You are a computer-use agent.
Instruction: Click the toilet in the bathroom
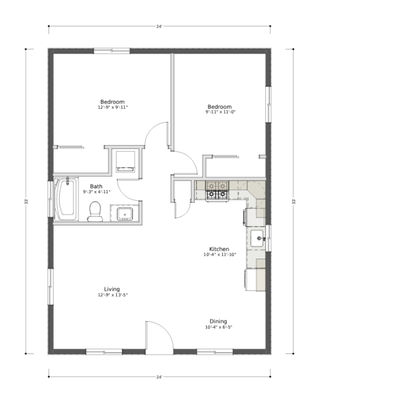pos(95,212)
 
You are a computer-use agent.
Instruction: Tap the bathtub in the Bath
pos(66,199)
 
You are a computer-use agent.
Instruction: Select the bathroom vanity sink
pos(125,214)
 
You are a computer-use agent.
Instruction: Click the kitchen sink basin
pos(257,238)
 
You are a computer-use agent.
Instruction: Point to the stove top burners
pos(217,191)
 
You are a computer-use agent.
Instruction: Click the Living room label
pos(111,289)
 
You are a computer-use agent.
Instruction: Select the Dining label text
pos(218,321)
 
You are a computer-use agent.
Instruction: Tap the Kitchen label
pos(219,249)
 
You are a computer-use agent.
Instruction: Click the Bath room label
pos(96,186)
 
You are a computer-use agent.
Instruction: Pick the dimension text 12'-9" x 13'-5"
pos(113,295)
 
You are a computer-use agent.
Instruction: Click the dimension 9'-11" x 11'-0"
pos(220,111)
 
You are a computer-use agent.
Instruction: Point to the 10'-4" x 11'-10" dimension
pos(220,255)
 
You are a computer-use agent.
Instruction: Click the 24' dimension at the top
pos(159,26)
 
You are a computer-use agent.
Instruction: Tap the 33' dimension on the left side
pos(26,201)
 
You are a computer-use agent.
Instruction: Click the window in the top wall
pos(111,50)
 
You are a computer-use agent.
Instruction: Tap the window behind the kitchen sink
pos(268,238)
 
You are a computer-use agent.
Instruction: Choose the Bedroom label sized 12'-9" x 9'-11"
pos(112,102)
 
